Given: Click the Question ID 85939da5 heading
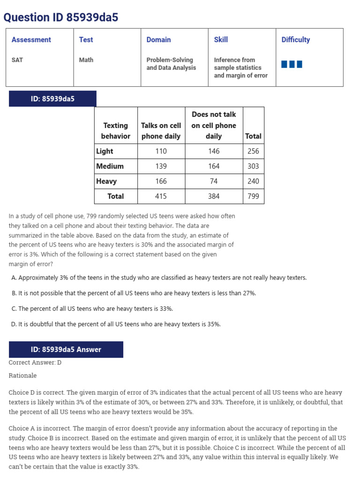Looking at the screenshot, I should click(61, 17).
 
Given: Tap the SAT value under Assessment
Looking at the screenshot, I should click(17, 60).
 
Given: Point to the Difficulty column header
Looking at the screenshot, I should click(295, 40).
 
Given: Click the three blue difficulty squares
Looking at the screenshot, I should click(292, 64).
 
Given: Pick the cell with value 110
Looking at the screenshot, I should click(161, 151).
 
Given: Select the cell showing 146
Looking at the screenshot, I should click(214, 151).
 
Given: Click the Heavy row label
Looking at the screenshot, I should click(106, 181).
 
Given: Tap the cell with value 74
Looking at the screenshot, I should click(214, 181).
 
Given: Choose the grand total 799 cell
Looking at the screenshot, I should click(253, 196).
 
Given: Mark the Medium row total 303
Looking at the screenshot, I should click(253, 166).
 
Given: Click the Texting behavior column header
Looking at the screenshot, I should click(115, 131).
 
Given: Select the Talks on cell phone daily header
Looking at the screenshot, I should click(161, 131).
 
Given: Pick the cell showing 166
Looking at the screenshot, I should click(161, 181).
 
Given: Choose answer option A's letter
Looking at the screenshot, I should click(14, 278).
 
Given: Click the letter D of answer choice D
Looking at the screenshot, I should click(14, 324).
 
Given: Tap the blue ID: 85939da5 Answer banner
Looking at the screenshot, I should click(66, 350).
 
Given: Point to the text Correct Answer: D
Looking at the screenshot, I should click(35, 363).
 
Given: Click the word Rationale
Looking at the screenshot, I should click(22, 376).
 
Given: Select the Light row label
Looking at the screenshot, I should click(105, 151).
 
